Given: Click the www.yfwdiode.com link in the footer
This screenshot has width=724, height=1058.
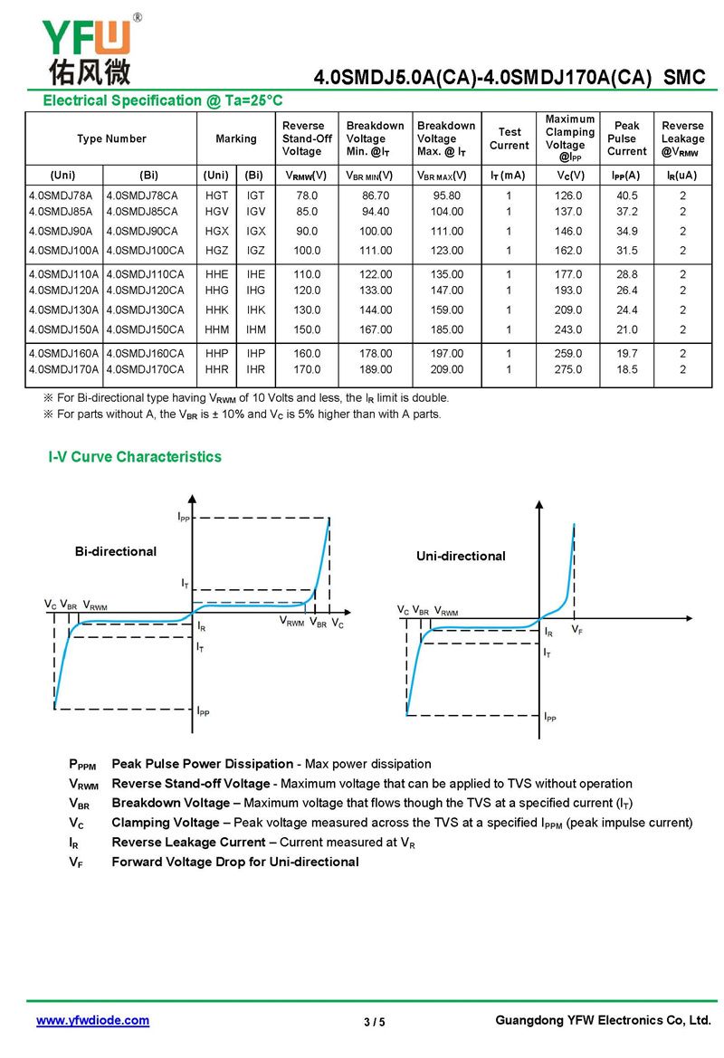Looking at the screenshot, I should [x=92, y=1020].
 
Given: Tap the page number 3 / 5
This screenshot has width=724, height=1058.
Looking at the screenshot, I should [x=374, y=1023].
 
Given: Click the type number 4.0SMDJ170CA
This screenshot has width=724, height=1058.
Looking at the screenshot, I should [x=145, y=369].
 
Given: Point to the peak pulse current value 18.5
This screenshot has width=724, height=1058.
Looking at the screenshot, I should [x=627, y=369].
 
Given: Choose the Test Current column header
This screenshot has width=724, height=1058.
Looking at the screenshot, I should [x=510, y=138].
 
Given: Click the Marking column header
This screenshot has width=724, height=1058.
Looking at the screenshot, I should [x=236, y=138].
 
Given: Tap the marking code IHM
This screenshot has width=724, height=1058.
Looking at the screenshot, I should [x=256, y=329].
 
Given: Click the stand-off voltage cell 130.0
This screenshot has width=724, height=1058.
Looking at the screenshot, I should [x=308, y=310].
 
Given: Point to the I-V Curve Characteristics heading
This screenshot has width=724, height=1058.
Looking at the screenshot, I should [x=135, y=457].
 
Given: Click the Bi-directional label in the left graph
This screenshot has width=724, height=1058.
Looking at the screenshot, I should [x=116, y=551].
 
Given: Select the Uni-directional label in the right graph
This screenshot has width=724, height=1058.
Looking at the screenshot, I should [x=461, y=556].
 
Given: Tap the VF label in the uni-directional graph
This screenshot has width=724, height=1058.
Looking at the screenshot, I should [x=577, y=629].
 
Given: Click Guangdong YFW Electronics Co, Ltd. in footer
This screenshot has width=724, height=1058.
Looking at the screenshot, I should [x=603, y=1020].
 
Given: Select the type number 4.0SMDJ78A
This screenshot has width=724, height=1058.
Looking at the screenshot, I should [x=62, y=195].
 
